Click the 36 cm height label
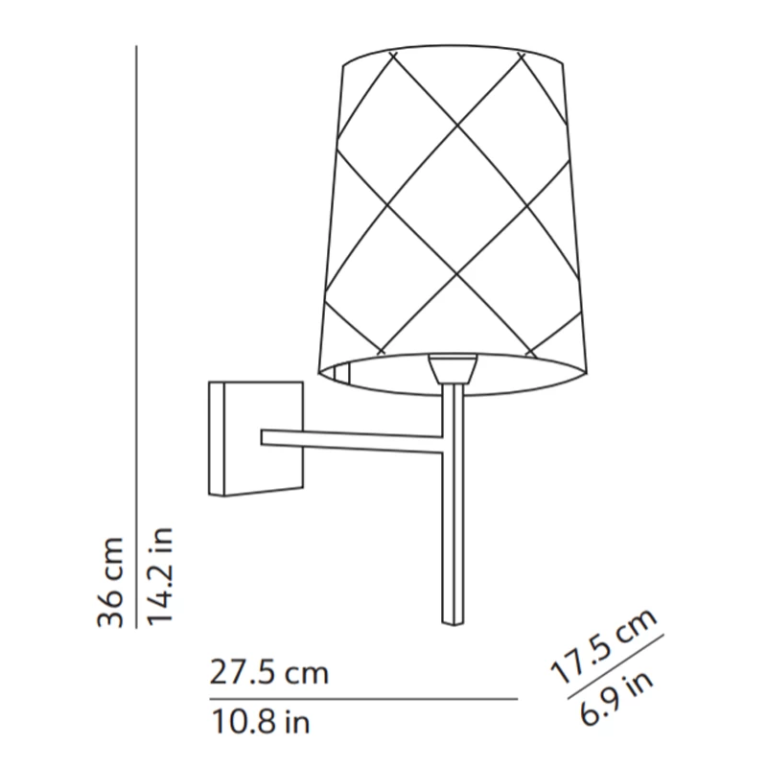click(x=111, y=581)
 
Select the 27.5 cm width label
click(x=269, y=673)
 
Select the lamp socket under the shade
click(x=453, y=368)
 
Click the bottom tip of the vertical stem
click(x=452, y=621)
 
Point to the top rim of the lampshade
click(x=453, y=50)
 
